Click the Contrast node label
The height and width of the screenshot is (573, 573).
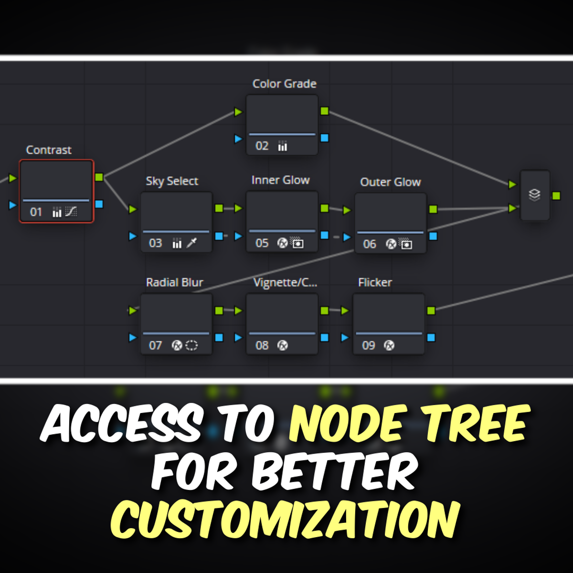48,150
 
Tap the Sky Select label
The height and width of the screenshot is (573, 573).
172,181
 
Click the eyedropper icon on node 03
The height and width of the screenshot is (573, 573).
191,243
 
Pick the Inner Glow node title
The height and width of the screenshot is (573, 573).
280,180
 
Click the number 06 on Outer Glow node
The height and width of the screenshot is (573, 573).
370,244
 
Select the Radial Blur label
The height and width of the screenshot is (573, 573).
174,282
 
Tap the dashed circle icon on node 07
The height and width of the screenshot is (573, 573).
191,345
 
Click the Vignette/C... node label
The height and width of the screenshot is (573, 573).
285,282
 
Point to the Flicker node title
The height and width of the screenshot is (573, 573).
375,282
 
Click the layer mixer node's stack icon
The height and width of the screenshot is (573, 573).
534,195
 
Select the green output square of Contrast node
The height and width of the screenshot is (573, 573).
99,177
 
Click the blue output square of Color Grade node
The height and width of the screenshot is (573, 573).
325,138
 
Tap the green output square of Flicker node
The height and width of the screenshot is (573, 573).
431,310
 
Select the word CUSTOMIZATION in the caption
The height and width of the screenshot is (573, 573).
286,520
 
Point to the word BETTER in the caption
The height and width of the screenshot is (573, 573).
334,472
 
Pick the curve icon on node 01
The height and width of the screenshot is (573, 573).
71,212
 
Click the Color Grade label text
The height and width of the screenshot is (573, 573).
284,84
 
